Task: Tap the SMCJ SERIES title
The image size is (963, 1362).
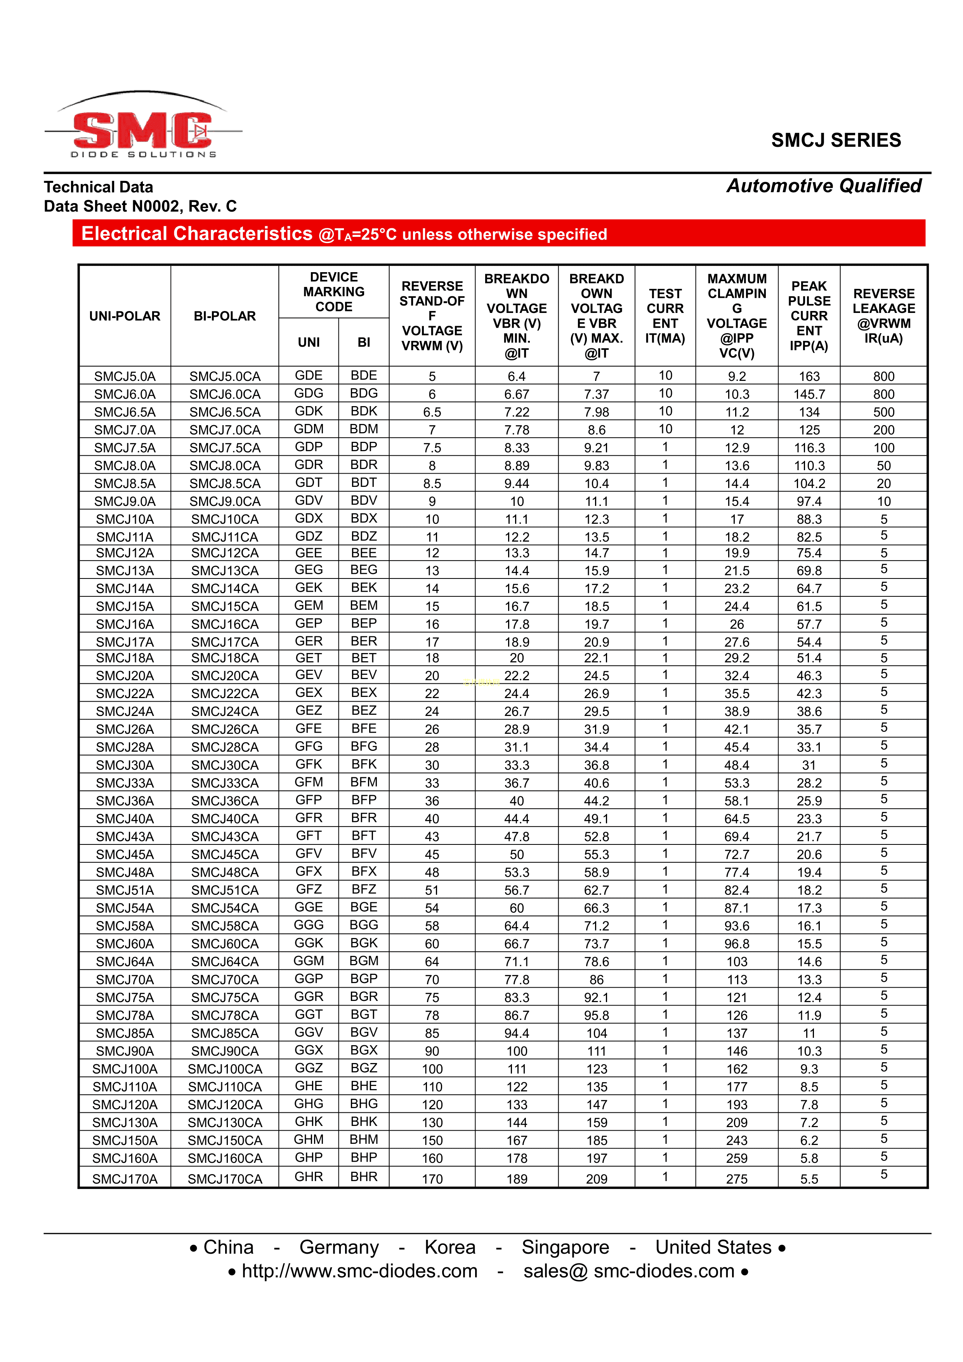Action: pyautogui.click(x=836, y=141)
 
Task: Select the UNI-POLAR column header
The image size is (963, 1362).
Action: pyautogui.click(x=125, y=316)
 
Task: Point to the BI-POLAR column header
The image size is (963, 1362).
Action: pyautogui.click(x=225, y=316)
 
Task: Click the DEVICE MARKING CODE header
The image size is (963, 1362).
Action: pyautogui.click(x=334, y=292)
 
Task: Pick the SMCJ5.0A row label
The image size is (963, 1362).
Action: pyautogui.click(x=125, y=377)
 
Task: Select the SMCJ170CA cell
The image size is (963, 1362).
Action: pyautogui.click(x=225, y=1179)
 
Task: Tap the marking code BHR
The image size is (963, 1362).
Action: pyautogui.click(x=363, y=1177)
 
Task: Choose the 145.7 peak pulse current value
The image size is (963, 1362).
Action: pyautogui.click(x=809, y=394)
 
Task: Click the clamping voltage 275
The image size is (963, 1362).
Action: pyautogui.click(x=736, y=1179)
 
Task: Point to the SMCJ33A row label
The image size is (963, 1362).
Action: pyautogui.click(x=125, y=783)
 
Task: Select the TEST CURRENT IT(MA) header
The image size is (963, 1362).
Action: pyautogui.click(x=665, y=316)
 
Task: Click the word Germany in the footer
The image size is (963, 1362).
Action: pyautogui.click(x=338, y=1247)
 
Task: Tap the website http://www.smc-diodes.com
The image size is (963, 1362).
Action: pyautogui.click(x=359, y=1271)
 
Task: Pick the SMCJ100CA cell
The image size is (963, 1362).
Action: pyautogui.click(x=225, y=1069)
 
